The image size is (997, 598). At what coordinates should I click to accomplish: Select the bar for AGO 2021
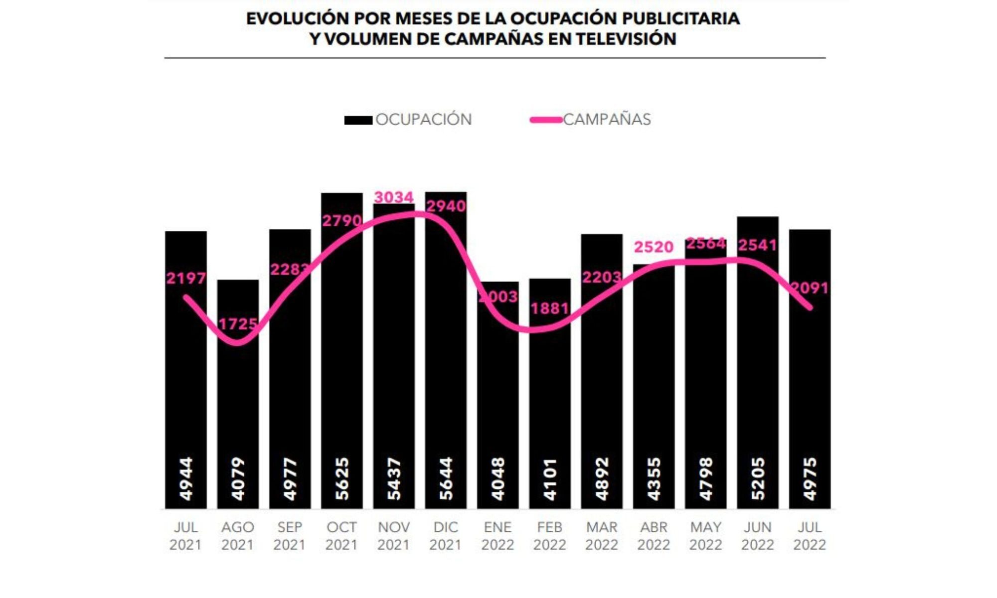(238, 399)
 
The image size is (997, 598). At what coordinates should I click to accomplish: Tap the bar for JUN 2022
(757, 379)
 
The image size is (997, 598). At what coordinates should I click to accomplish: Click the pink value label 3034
(394, 197)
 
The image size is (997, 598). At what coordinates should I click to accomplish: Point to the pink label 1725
(238, 324)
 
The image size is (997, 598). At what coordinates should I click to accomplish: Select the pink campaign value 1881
(549, 308)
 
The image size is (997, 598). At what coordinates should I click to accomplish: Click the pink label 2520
(654, 247)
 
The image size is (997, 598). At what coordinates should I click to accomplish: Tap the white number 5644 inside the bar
(446, 478)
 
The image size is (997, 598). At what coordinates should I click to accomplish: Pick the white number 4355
(654, 479)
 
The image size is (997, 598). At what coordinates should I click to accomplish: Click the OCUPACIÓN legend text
(423, 120)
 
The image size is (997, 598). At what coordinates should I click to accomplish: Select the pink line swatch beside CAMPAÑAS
(546, 120)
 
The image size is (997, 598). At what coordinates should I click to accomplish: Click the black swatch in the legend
(358, 120)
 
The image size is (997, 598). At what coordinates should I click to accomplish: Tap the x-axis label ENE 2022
(498, 536)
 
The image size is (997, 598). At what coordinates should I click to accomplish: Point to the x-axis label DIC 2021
(445, 536)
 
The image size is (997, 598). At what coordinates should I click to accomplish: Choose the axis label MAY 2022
(705, 536)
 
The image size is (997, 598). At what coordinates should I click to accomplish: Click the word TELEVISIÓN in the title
(626, 39)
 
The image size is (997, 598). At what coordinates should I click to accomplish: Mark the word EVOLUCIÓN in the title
(297, 18)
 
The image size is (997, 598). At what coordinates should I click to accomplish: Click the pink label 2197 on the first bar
(186, 278)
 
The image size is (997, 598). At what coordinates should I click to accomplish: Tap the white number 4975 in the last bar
(810, 479)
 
